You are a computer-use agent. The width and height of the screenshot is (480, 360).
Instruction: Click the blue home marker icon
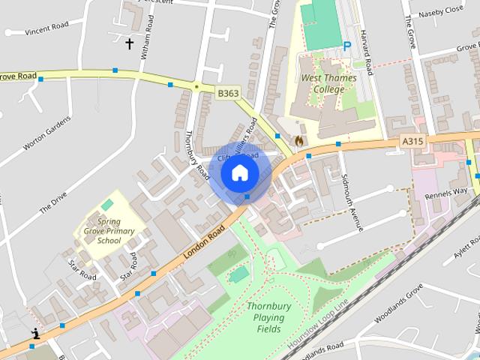239,173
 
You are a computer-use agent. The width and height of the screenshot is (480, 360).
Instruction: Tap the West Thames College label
323,83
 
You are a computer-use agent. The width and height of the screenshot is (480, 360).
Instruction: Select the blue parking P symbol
347,46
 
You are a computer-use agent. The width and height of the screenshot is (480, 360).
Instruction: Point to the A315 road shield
412,140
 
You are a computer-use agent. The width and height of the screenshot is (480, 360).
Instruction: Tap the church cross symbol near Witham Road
129,44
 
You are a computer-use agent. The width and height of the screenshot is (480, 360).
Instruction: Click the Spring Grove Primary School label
109,231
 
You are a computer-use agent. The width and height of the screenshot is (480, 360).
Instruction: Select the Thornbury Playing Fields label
264,317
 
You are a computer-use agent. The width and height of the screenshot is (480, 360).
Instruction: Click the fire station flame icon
298,140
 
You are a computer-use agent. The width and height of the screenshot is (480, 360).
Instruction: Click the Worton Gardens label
46,140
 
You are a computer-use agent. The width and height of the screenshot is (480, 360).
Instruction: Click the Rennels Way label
446,192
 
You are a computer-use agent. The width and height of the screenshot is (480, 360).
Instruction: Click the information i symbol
34,334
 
